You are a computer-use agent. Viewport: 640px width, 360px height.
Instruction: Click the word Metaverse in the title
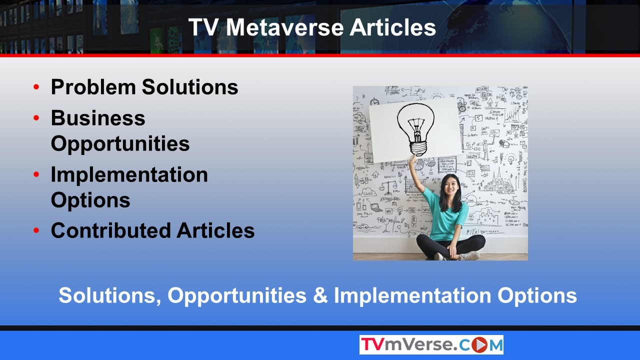(x=284, y=27)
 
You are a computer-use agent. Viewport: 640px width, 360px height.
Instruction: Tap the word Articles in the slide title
(x=393, y=27)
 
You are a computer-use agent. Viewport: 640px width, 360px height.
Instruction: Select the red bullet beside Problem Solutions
(x=36, y=86)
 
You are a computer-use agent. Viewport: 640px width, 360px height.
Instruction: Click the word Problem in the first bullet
(x=93, y=86)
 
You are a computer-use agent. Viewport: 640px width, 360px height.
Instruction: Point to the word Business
(x=98, y=118)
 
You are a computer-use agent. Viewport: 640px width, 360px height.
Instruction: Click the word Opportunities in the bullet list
(x=120, y=144)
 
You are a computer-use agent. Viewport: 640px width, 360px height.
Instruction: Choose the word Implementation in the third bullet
(x=129, y=174)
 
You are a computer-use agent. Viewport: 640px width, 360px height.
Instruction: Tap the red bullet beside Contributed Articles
(x=36, y=230)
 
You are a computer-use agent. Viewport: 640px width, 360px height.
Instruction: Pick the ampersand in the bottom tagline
(x=320, y=295)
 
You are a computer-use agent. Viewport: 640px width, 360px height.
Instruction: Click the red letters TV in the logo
(x=372, y=344)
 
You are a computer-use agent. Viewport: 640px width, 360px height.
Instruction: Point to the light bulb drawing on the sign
(x=415, y=129)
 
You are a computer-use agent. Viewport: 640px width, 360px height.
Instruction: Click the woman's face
(x=450, y=187)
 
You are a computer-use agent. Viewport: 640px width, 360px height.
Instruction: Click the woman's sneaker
(x=470, y=255)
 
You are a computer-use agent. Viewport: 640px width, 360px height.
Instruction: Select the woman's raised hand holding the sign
(x=412, y=159)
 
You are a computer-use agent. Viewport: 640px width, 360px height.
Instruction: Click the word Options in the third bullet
(x=90, y=200)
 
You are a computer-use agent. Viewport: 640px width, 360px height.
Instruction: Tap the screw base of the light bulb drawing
(x=418, y=148)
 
